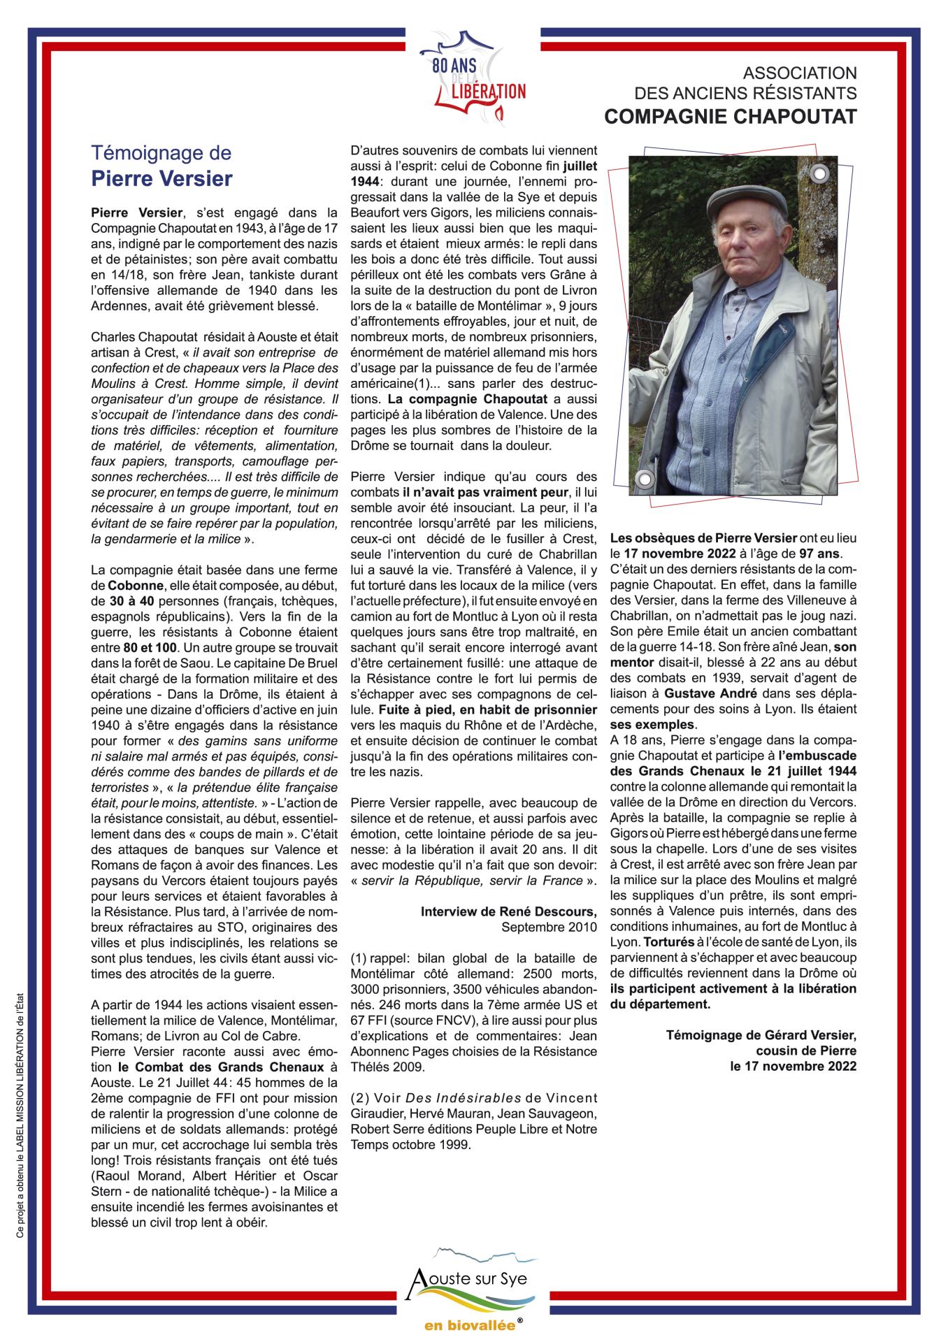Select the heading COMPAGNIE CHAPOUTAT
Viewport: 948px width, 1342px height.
[x=730, y=117]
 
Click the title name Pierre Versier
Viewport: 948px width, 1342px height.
[x=161, y=179]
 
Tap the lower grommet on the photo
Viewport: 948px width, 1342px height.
[x=644, y=479]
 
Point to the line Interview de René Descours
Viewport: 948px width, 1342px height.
[x=508, y=911]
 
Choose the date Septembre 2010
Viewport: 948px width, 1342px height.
[x=549, y=927]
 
